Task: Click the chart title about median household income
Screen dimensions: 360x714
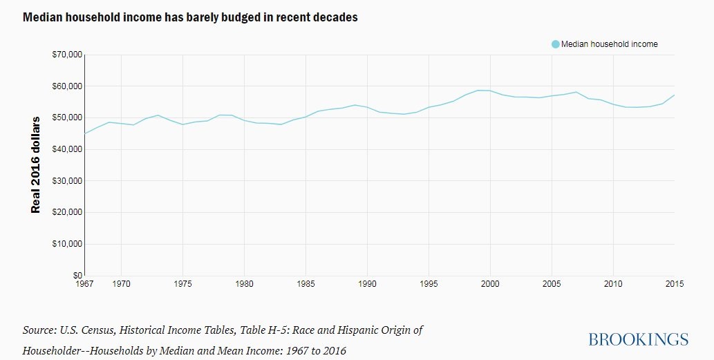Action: pos(190,17)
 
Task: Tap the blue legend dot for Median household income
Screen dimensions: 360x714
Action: pos(555,44)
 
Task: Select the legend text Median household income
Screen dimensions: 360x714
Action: pos(609,44)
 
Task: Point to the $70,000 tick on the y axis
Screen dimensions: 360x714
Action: pos(68,55)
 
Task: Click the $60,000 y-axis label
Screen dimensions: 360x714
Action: pos(68,86)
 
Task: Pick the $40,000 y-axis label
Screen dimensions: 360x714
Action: pos(68,149)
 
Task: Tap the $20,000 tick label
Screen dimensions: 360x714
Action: pos(68,212)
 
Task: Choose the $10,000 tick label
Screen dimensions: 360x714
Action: pos(68,244)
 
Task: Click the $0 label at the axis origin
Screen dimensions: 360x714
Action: pos(77,275)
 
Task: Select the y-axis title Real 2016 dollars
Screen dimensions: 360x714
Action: pos(36,164)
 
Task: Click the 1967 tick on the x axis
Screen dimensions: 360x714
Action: pos(85,284)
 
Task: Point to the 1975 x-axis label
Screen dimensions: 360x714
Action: pos(182,284)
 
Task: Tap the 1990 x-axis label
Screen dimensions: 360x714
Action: pos(367,284)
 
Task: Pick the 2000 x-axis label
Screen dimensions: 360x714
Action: pos(490,284)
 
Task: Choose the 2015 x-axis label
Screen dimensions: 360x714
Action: pos(674,284)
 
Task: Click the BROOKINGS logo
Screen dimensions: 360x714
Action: pos(639,339)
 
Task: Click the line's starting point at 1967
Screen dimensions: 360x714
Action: pos(85,133)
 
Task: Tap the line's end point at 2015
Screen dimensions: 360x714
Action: pos(674,95)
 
